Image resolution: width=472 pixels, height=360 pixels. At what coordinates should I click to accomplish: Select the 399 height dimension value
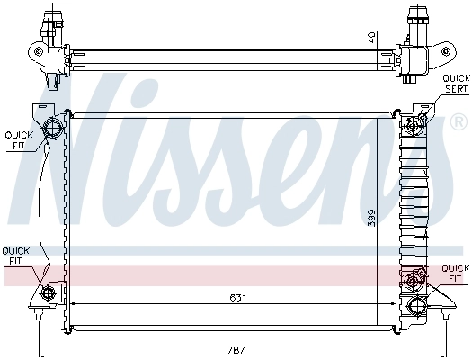[370, 217]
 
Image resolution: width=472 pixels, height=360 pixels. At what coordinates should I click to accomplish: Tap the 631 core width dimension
[236, 297]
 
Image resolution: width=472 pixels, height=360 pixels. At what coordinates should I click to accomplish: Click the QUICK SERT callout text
[456, 85]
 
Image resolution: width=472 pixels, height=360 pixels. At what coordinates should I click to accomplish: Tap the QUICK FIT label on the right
[455, 273]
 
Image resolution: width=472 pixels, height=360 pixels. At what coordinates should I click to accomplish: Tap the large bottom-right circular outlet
[416, 305]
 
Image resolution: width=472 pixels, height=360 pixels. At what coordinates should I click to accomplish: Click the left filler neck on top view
[57, 18]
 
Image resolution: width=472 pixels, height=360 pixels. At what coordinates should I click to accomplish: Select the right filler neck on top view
[418, 18]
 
